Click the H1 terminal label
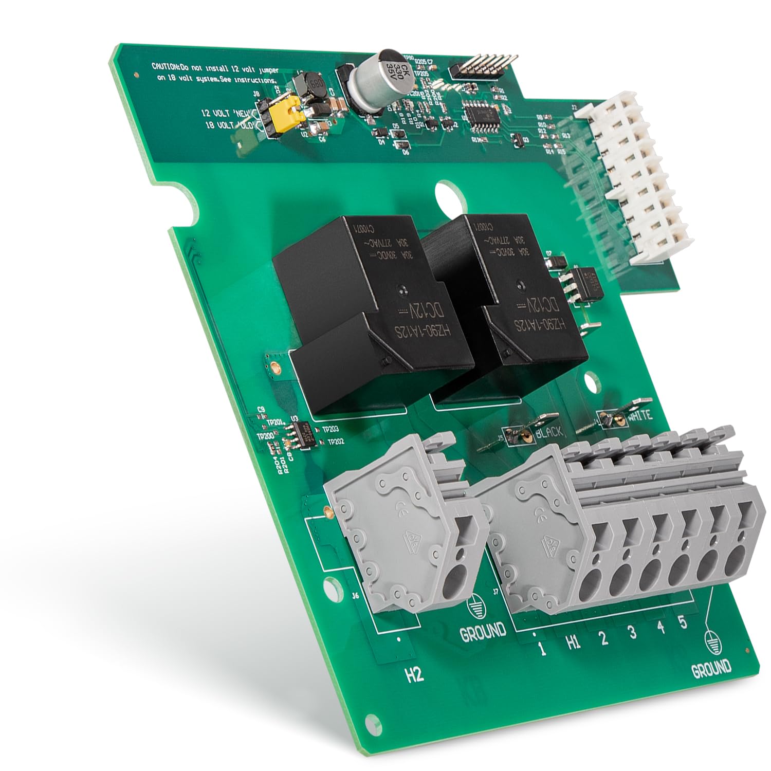pos(573,642)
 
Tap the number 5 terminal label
pos(682,622)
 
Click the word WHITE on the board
pos(639,415)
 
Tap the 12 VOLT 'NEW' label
pos(228,113)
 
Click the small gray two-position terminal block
pos(406,524)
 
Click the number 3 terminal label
pos(632,632)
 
